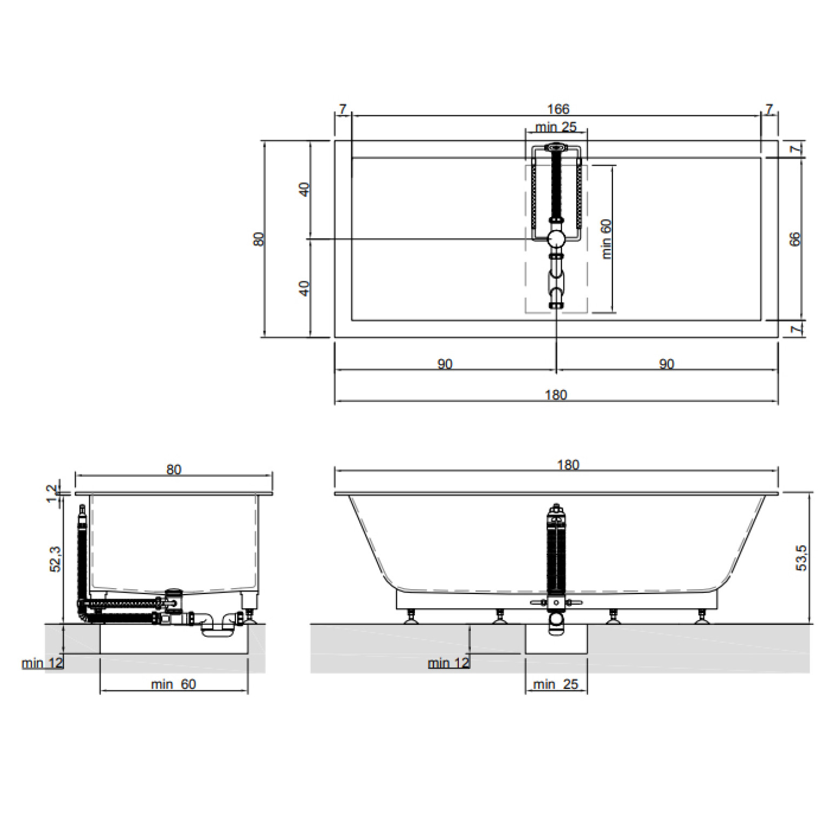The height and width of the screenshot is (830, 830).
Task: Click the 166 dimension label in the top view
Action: (558, 109)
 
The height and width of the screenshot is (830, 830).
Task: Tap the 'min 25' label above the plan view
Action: (556, 127)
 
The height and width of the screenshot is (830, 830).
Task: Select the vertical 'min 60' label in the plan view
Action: (606, 239)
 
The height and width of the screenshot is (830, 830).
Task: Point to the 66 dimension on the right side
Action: (794, 239)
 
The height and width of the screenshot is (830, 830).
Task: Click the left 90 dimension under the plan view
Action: (445, 364)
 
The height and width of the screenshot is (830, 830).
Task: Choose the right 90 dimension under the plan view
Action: (667, 364)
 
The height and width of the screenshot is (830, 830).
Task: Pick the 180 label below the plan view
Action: (556, 394)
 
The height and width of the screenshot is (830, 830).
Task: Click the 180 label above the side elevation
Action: (568, 465)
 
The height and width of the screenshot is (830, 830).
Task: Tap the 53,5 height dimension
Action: (801, 557)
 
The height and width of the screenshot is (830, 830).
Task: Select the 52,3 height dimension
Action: (55, 559)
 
